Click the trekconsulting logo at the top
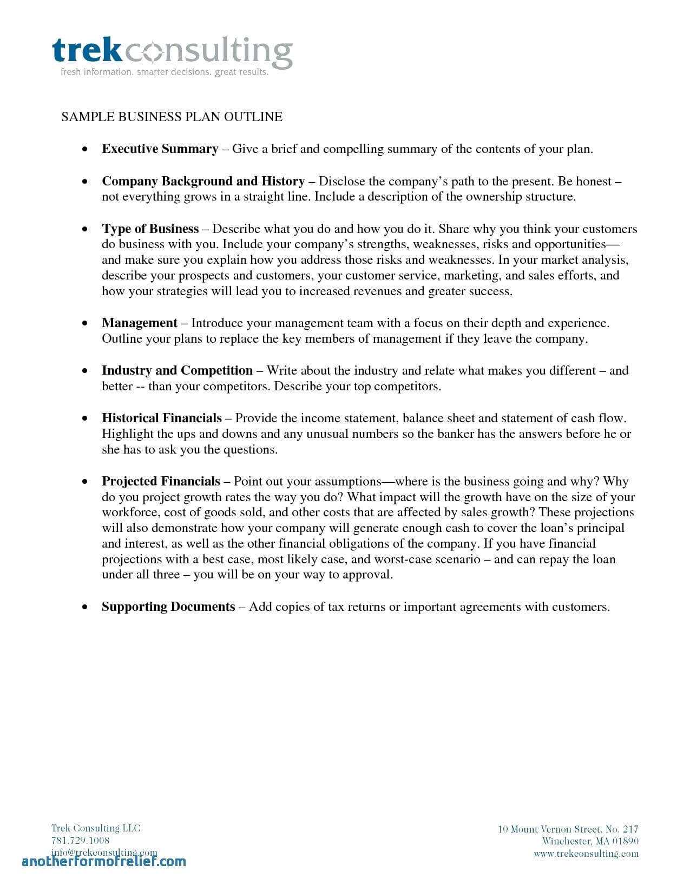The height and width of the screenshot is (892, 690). click(173, 52)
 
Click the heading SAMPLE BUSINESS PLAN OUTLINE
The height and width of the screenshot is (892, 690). click(172, 117)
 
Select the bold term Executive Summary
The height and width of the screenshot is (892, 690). click(160, 149)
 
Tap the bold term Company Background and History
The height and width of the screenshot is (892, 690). click(203, 181)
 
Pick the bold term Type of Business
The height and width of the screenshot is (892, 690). click(150, 229)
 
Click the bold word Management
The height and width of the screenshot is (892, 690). click(140, 323)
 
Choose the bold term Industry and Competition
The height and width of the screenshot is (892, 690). click(177, 371)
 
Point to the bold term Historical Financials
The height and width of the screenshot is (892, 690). click(161, 418)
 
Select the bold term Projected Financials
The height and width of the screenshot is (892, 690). click(161, 481)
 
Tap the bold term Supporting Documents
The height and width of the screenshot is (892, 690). click(168, 607)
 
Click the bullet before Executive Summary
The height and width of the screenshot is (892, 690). click(84, 149)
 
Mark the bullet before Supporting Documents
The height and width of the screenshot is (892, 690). click(84, 607)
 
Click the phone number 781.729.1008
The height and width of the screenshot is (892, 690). click(80, 840)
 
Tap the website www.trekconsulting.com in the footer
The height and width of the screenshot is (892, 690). click(586, 854)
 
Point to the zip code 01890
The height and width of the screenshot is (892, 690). click(626, 841)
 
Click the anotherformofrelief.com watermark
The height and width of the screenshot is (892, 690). click(104, 861)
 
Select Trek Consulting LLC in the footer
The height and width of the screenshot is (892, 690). click(96, 828)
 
